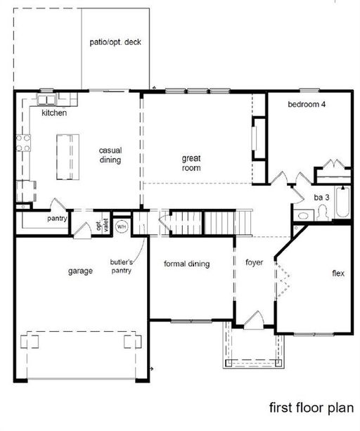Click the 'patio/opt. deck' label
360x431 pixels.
click(115, 42)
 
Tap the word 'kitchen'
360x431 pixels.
click(54, 113)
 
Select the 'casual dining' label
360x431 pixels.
click(110, 155)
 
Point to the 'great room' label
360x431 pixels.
click(191, 163)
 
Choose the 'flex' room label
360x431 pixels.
click(337, 274)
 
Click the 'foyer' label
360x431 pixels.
click(254, 263)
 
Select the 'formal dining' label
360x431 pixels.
click(187, 264)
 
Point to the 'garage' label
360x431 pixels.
click(81, 271)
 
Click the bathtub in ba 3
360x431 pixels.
click(342, 203)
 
